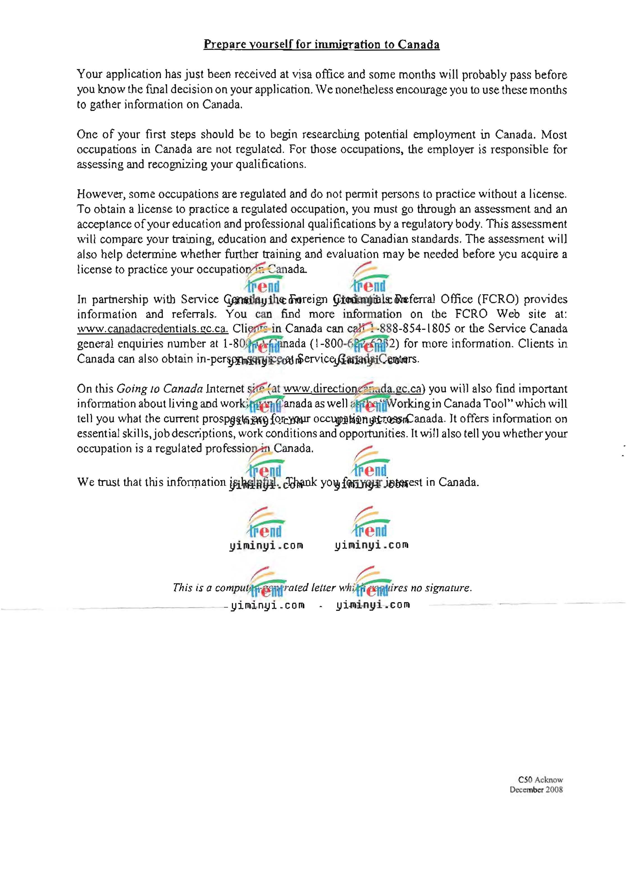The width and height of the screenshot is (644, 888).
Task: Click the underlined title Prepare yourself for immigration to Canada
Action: (321, 44)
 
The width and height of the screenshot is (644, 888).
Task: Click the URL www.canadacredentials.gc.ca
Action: (152, 329)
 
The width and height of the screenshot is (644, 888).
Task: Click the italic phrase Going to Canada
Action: (160, 389)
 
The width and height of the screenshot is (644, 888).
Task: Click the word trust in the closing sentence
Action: (109, 482)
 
